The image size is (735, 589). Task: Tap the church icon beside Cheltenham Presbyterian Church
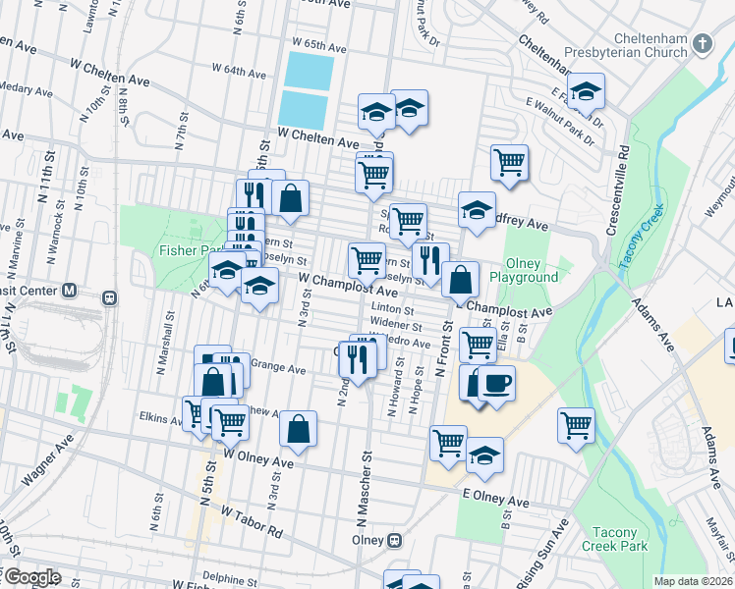tap(702, 43)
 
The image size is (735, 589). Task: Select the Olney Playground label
tap(532, 270)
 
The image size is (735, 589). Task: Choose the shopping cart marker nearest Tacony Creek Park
tap(576, 425)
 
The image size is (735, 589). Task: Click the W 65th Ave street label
tap(319, 46)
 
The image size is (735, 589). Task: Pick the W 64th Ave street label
tap(239, 71)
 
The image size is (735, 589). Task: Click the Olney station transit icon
tap(395, 540)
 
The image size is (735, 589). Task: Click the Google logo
tap(30, 577)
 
